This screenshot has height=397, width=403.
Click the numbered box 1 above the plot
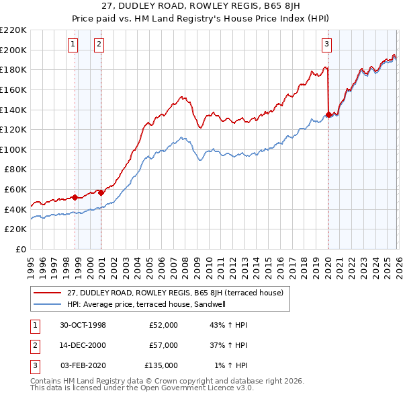pos(73,45)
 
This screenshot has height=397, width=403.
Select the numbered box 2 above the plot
pos(99,45)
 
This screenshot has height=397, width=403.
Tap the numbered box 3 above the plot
pos(326,45)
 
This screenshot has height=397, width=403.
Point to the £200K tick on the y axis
pos(14,50)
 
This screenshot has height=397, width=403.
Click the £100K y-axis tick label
pos(14,149)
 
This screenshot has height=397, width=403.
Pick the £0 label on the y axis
pos(21,249)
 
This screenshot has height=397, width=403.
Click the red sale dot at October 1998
pos(75,197)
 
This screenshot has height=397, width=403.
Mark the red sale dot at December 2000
pos(101,192)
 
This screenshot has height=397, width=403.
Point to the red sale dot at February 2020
pos(328,114)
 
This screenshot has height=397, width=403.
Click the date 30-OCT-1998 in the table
pos(83,325)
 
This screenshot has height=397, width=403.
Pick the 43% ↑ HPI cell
pos(228,325)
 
